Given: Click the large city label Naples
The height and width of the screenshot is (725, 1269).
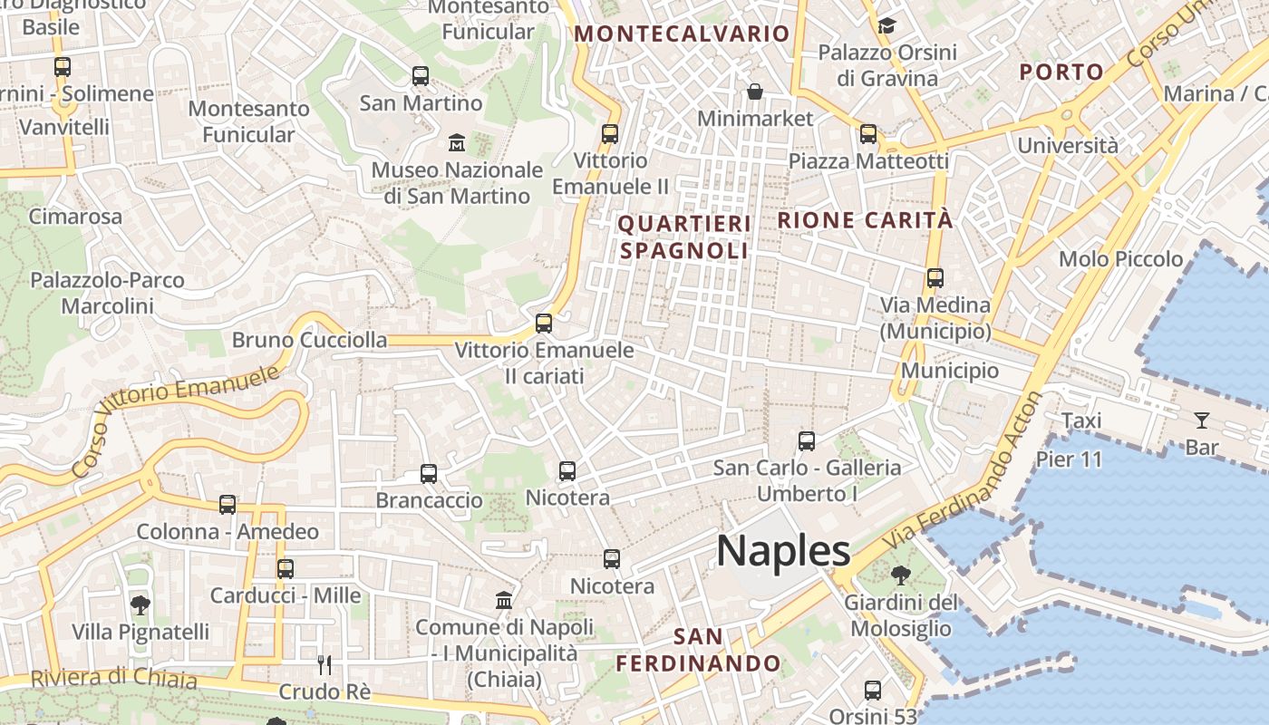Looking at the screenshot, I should coord(783,550).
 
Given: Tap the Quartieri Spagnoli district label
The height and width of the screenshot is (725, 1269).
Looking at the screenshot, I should coord(684,237).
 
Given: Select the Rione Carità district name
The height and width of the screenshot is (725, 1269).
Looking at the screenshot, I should coord(865,220).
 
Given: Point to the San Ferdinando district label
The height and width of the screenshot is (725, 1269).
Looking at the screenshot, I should coord(698,650).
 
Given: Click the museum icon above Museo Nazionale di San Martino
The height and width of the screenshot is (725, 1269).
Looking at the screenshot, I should coord(457,143).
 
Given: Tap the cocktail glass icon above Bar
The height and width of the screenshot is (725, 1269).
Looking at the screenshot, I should coord(1201,420).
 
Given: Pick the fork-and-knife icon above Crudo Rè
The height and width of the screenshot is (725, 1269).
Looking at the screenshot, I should coord(325,665).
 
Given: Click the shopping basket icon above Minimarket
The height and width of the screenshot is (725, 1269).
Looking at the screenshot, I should coord(754,92).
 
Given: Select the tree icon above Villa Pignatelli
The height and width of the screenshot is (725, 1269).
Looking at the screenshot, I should coord(140,604).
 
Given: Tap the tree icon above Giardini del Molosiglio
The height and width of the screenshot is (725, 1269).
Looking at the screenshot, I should coord(900,575).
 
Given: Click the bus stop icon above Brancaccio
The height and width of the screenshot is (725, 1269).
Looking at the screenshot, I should coord(429,473).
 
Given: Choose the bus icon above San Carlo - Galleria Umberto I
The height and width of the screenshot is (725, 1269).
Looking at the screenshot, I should coord(807,441).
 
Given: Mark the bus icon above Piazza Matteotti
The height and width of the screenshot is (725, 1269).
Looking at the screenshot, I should coord(868,134).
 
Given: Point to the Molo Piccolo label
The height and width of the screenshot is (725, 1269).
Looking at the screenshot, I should coord(1120,259).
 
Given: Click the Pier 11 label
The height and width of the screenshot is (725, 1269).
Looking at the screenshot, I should coord(1069,459).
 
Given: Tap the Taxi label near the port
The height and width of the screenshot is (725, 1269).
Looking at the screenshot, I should coord(1080,420).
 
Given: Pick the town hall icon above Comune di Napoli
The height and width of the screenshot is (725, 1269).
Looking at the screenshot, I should coord(504,600).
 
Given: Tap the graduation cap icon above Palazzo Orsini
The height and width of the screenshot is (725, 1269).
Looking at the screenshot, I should coord(886,25).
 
